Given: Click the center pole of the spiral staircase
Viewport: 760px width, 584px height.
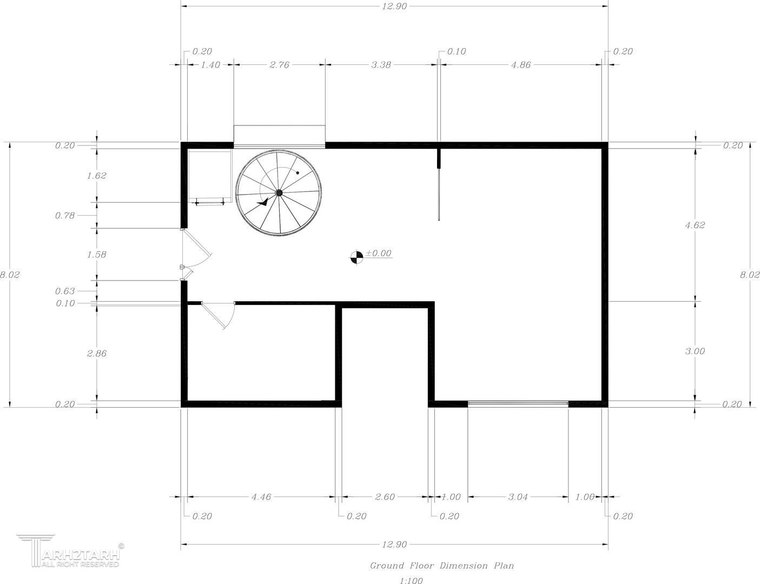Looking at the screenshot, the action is (279, 192).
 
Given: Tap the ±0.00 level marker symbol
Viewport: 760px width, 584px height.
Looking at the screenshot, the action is (356, 257).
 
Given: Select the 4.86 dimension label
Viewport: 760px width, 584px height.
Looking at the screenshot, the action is (521, 65).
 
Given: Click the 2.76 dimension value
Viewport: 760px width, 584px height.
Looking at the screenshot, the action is (280, 65).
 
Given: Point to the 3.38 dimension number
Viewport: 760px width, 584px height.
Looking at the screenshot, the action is (381, 65).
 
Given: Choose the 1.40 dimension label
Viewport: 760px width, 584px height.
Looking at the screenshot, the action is (210, 65).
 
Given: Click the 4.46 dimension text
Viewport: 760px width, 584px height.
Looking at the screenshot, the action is (261, 496).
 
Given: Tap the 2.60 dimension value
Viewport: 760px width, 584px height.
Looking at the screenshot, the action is (385, 496).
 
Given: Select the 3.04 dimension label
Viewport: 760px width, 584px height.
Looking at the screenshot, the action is (518, 496).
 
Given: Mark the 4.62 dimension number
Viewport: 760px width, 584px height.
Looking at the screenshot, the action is (695, 225).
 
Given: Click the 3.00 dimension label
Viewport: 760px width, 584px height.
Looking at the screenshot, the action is (695, 351).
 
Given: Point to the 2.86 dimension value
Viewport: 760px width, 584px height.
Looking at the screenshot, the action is (97, 353).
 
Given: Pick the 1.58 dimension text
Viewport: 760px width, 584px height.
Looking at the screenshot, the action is (97, 255).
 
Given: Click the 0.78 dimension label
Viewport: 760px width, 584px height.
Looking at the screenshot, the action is (65, 215).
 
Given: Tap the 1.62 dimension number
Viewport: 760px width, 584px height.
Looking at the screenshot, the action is (97, 175).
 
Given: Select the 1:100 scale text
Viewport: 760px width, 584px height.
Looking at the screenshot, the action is (411, 581).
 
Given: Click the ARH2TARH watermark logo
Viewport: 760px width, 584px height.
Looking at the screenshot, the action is (70, 551).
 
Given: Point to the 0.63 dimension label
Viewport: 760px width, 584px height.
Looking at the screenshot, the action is (65, 291).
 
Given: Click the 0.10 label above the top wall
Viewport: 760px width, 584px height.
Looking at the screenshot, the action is (457, 51).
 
